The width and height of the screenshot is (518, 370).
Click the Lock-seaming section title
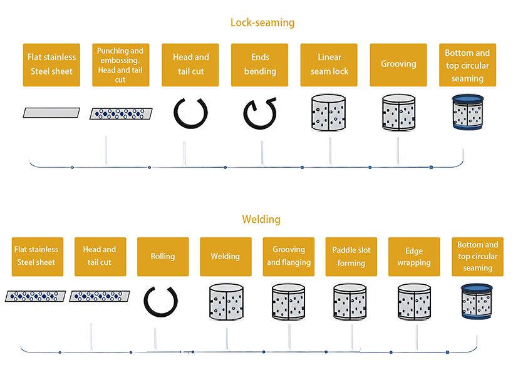pyautogui.click(x=262, y=23)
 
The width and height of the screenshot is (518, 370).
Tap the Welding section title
pyautogui.click(x=261, y=219)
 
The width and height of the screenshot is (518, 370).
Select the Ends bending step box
pyautogui.click(x=260, y=64)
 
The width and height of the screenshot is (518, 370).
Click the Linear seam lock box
pyautogui.click(x=329, y=64)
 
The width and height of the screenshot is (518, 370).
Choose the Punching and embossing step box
pyautogui.click(x=120, y=64)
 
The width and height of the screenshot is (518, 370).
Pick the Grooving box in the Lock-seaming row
pyautogui.click(x=398, y=64)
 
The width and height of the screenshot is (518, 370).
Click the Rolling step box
pyautogui.click(x=163, y=257)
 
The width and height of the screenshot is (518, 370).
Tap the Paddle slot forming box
pyautogui.click(x=351, y=257)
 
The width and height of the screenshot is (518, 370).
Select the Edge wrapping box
pyautogui.click(x=414, y=257)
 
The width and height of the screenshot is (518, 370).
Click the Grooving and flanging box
pyautogui.click(x=289, y=257)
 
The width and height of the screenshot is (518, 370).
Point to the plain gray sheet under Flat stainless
pyautogui.click(x=52, y=112)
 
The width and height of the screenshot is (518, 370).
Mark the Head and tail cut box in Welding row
pyautogui.click(x=100, y=257)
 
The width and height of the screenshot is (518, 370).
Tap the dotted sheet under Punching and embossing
pyautogui.click(x=120, y=113)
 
